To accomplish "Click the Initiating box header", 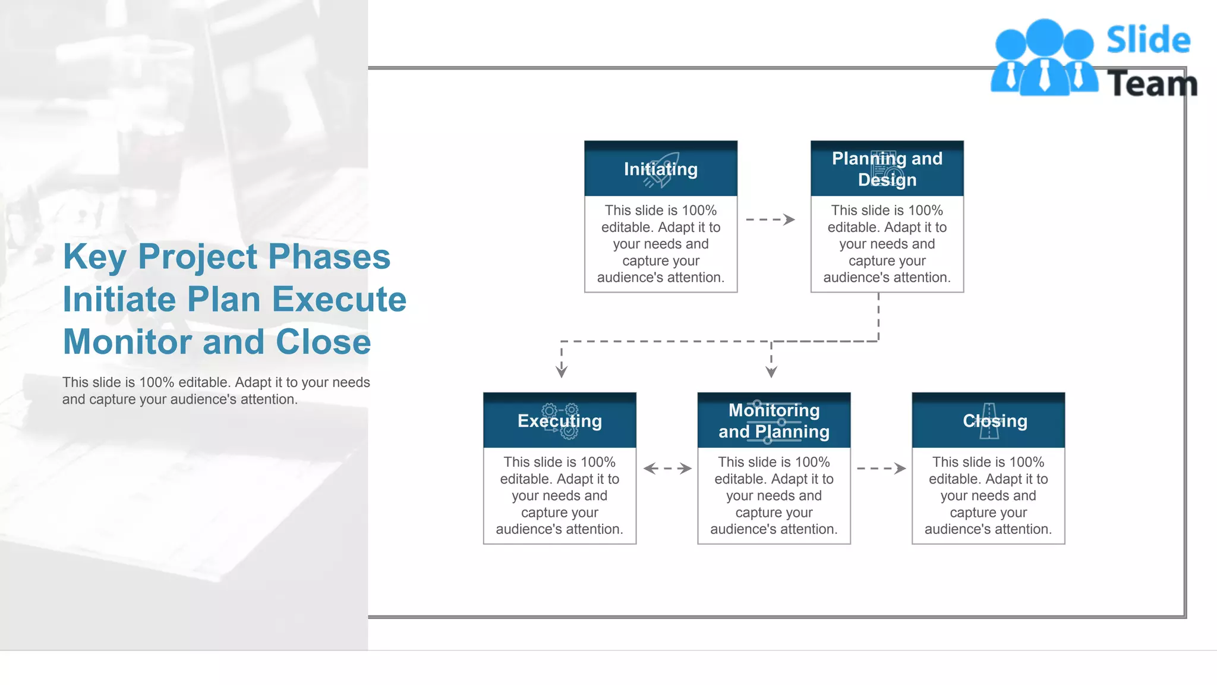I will click(x=660, y=169).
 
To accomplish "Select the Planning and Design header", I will click(x=887, y=169).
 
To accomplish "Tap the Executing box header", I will click(x=559, y=420).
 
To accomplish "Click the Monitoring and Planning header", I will click(x=774, y=420).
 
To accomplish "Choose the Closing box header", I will click(x=988, y=420).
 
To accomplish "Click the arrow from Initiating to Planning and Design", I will click(x=770, y=219).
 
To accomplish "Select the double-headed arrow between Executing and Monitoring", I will click(x=667, y=469).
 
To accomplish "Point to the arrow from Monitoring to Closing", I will click(x=881, y=469).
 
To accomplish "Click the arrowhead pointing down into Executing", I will click(x=562, y=372).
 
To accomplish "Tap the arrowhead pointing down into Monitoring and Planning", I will click(x=771, y=372).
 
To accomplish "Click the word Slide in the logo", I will click(x=1148, y=40).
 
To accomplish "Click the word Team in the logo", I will click(x=1152, y=83).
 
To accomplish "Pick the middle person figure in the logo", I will click(x=1045, y=59).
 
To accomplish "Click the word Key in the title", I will click(x=94, y=257).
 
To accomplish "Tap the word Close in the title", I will click(x=323, y=342).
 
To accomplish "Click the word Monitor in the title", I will click(x=127, y=342).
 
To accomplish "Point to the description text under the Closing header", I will click(x=988, y=495).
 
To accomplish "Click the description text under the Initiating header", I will click(x=660, y=244).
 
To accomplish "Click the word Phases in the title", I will click(x=329, y=256).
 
